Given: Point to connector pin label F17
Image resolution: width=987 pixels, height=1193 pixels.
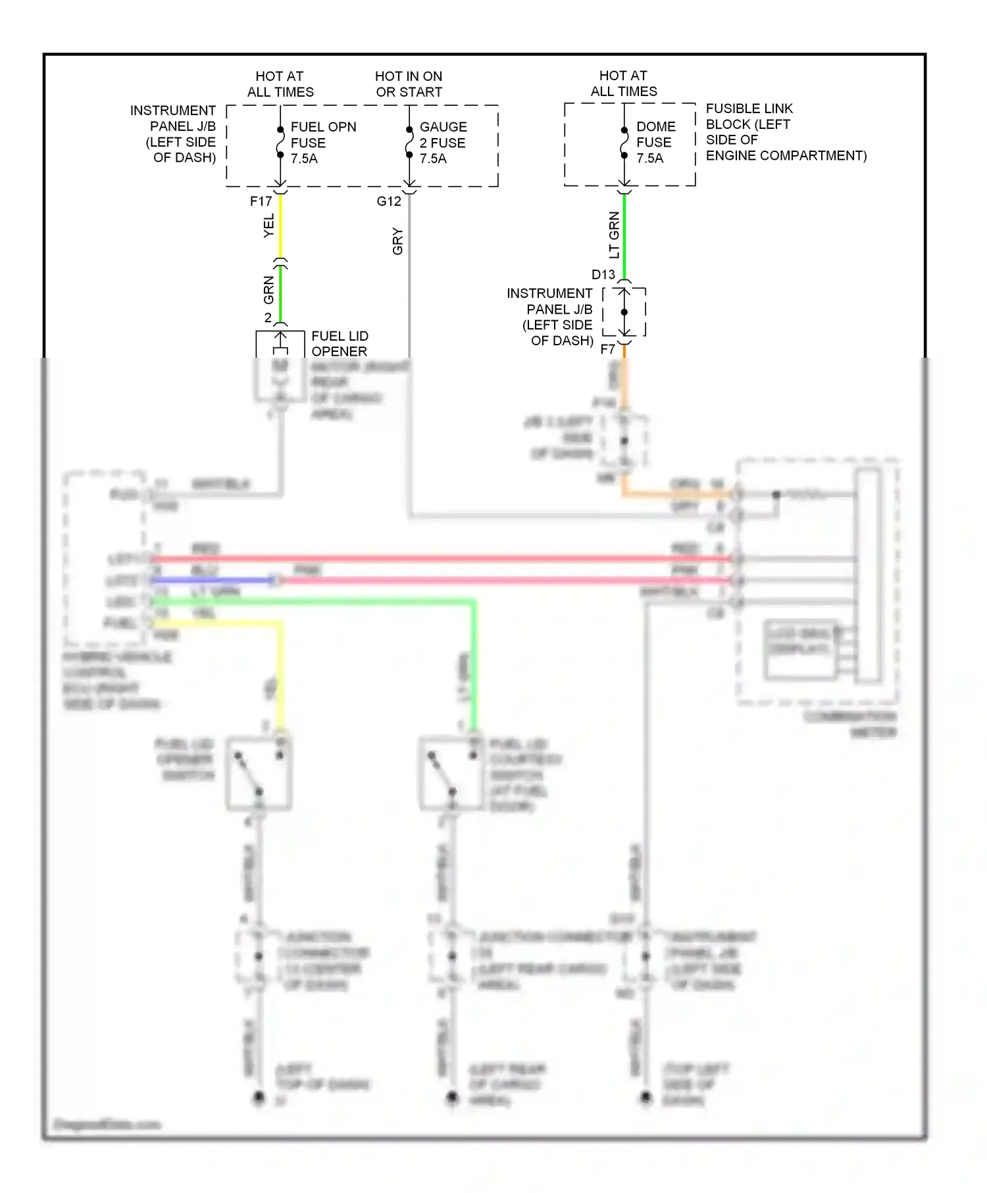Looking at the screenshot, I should (x=261, y=202).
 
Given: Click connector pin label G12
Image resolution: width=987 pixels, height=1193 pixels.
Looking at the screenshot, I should (x=388, y=202).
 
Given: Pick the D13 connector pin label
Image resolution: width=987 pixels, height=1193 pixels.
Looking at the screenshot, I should (x=603, y=275).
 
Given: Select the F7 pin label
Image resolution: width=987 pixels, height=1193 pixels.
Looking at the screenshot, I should (x=607, y=349).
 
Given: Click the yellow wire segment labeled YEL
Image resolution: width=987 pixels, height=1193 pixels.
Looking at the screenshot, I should (x=281, y=227).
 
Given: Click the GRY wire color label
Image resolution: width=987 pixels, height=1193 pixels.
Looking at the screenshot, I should (x=397, y=241).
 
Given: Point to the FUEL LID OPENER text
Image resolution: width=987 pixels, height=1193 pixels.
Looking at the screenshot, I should (x=339, y=343).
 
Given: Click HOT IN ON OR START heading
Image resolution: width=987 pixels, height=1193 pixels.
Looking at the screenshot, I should (x=409, y=84).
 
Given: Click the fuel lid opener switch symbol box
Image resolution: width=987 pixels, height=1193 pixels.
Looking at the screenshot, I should (x=259, y=773).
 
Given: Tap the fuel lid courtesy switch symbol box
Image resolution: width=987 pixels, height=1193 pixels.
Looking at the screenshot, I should (x=451, y=773).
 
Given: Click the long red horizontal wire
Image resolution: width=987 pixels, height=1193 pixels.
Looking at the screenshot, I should (x=441, y=559).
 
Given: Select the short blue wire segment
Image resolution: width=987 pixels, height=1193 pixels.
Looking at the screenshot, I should (x=211, y=580).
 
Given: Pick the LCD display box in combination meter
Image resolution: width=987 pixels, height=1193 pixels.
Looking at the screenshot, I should (x=800, y=648).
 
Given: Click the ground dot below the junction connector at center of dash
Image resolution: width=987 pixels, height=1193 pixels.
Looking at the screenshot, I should (x=259, y=1097).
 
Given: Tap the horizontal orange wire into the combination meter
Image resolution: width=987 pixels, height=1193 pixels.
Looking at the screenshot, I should (x=678, y=494).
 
